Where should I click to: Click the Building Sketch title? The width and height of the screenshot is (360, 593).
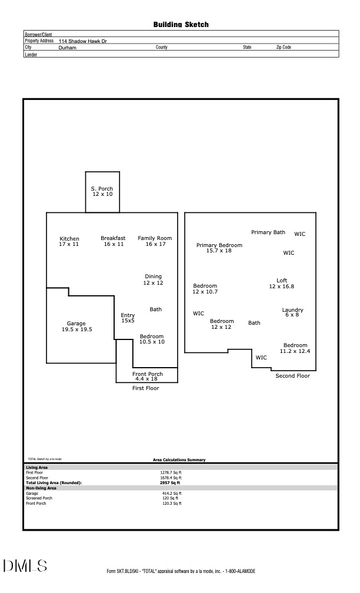pos(181,25)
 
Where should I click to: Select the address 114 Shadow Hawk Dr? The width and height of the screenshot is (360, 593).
pos(82,41)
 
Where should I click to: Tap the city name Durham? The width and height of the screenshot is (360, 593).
pos(67,48)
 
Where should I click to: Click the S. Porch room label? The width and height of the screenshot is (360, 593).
pos(102,191)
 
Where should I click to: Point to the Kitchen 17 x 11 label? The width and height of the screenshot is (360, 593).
pos(69,241)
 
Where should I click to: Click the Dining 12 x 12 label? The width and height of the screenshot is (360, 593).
pos(153,279)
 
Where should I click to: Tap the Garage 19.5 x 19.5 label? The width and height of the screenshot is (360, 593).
pos(76,327)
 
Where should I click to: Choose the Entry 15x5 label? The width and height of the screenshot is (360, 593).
pos(128,318)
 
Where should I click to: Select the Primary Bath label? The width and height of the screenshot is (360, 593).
pos(268,232)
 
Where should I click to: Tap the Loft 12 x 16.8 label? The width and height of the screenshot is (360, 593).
pos(282,284)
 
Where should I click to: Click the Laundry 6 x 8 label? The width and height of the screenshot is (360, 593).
pos(292,312)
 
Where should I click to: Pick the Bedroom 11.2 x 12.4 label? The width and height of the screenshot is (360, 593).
pos(295,348)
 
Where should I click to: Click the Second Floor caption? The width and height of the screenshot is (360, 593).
pos(293,375)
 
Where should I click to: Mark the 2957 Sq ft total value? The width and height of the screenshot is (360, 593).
pos(170,483)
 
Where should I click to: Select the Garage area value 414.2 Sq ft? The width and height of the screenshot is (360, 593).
pos(172,493)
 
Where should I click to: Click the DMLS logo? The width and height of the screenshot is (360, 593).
pos(25,566)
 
